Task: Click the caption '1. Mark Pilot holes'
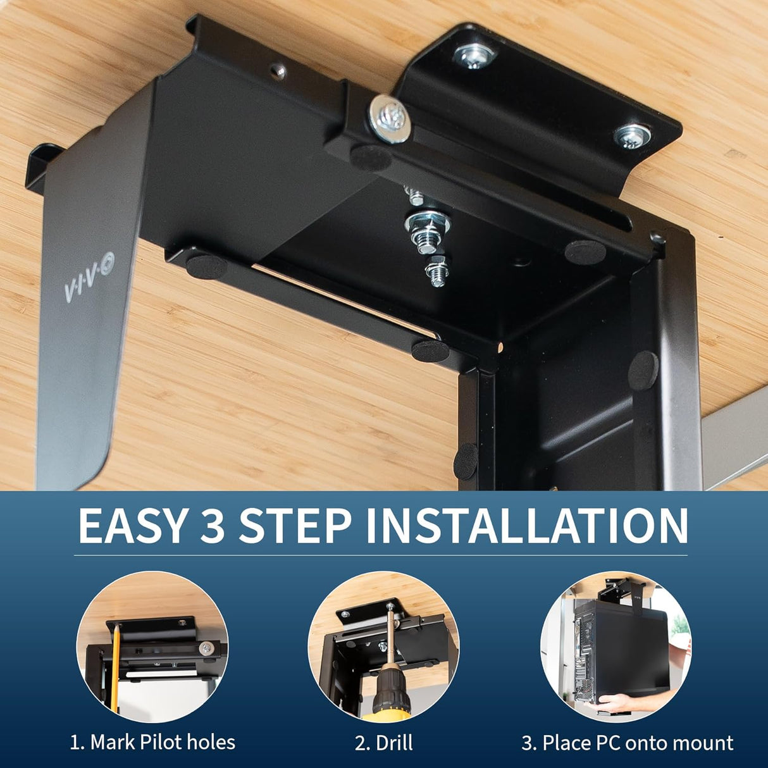click(152, 742)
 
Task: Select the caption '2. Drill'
click(383, 742)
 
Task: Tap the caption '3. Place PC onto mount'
click(627, 742)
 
